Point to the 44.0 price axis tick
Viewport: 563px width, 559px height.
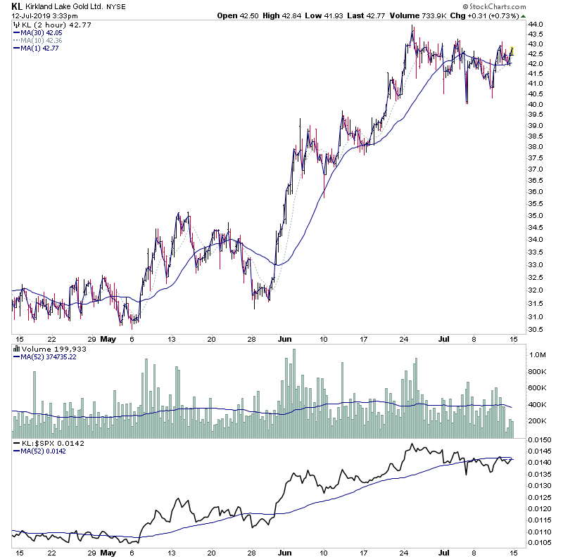536,24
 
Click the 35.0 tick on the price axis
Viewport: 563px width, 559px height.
536,215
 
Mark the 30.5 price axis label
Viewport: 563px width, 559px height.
536,330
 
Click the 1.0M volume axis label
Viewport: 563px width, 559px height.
538,356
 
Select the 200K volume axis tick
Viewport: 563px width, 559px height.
538,420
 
